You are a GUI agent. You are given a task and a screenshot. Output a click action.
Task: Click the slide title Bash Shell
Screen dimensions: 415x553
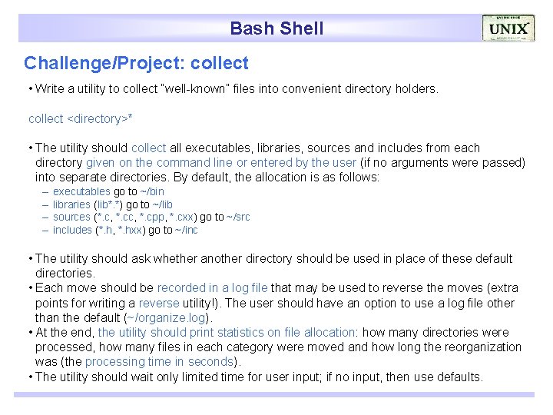[276, 29]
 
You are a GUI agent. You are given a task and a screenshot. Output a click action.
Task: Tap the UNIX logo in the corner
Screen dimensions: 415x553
[508, 29]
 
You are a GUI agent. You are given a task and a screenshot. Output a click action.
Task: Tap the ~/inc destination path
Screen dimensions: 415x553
[187, 231]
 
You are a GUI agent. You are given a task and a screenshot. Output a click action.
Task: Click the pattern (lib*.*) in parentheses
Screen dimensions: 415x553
[108, 204]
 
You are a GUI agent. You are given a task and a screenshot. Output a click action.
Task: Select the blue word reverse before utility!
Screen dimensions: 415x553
[159, 303]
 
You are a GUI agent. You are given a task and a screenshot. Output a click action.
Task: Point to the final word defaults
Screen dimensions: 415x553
[459, 377]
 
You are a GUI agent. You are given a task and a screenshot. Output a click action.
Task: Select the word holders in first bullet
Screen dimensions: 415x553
[416, 89]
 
